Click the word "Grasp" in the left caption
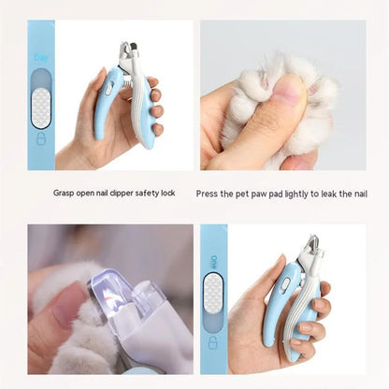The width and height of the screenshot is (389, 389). pyautogui.click(x=64, y=194)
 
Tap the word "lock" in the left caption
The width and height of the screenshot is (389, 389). pyautogui.click(x=167, y=194)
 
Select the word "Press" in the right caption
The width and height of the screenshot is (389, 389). pyautogui.click(x=208, y=194)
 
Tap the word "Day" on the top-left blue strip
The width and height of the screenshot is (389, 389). pyautogui.click(x=41, y=57)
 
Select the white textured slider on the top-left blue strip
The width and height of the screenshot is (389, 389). pyautogui.click(x=41, y=108)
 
